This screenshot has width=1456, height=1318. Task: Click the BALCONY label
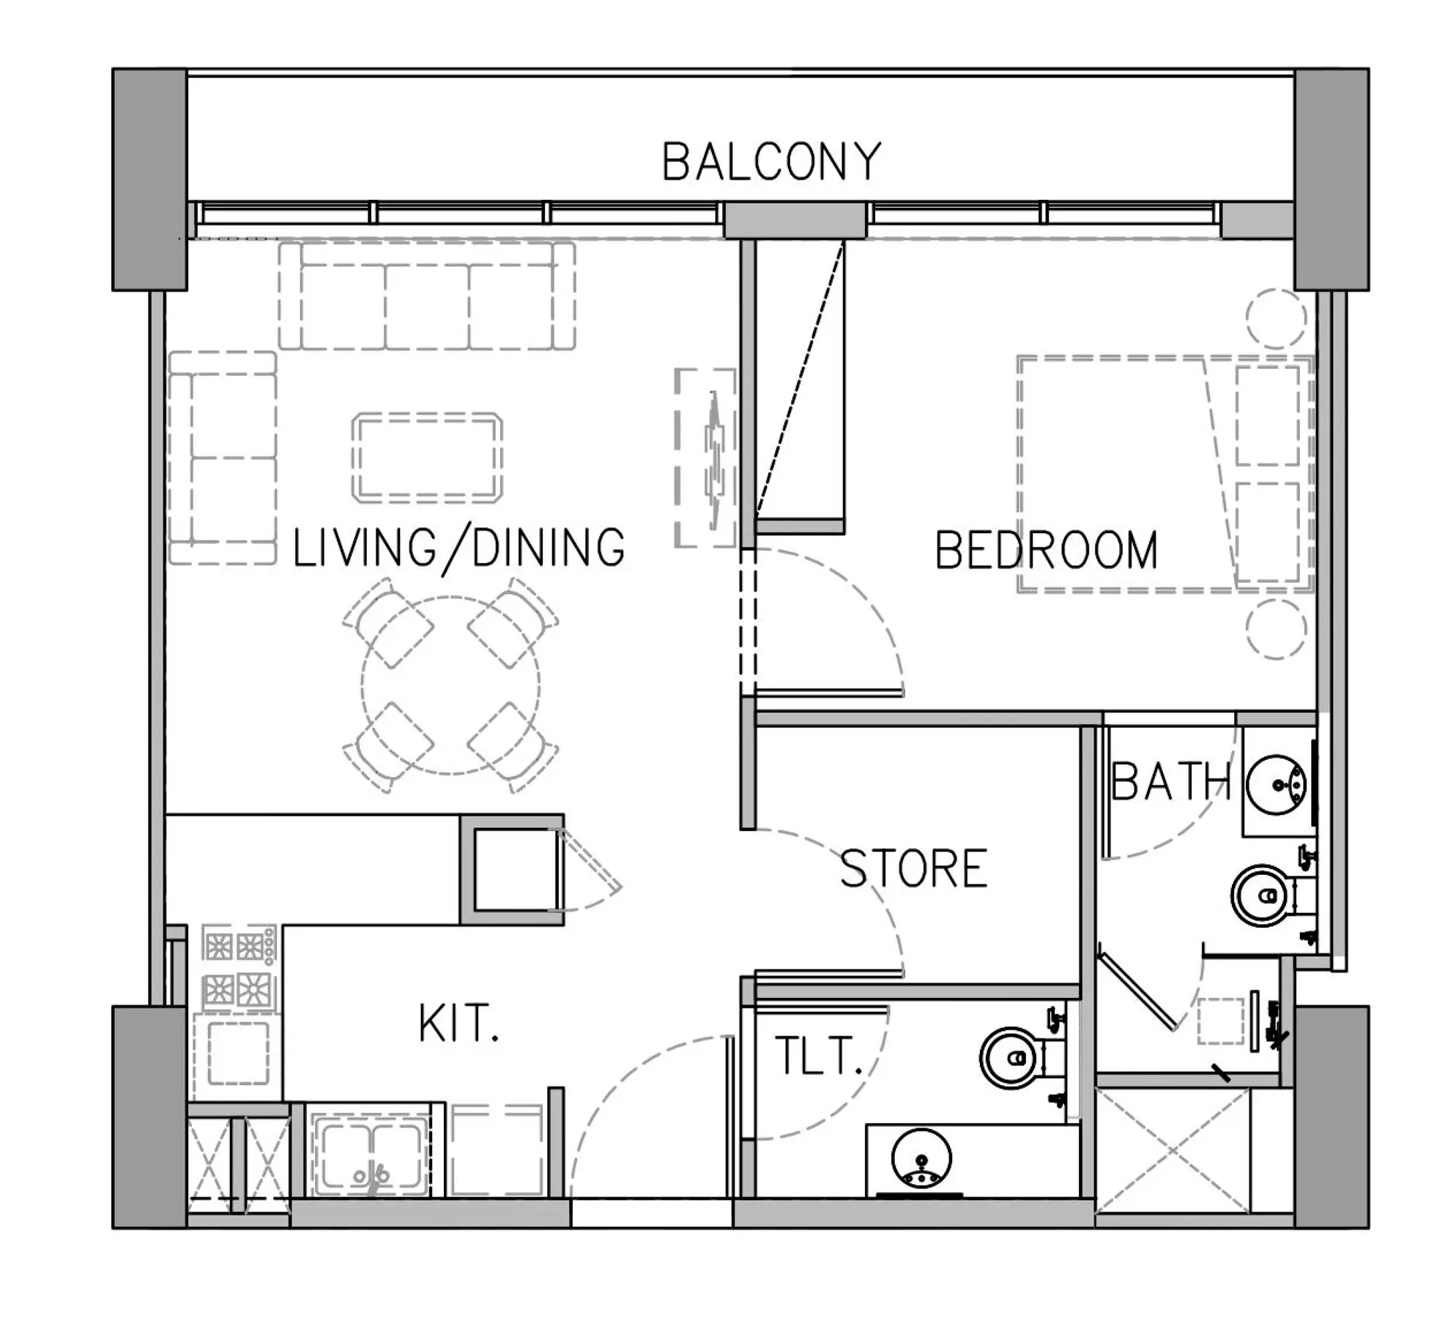click(771, 162)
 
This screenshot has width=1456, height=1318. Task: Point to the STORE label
click(913, 868)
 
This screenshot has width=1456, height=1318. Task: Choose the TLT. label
click(817, 1055)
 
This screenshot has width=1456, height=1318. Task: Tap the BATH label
click(1170, 781)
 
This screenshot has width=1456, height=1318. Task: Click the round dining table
click(450, 685)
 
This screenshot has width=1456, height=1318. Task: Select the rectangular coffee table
click(427, 458)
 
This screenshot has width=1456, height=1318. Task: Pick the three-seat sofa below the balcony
click(427, 295)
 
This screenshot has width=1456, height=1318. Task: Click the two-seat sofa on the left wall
click(223, 458)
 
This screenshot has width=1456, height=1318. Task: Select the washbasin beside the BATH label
click(1277, 784)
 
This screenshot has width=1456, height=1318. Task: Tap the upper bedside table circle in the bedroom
click(1276, 319)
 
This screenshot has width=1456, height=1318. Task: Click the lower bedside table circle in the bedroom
click(1276, 629)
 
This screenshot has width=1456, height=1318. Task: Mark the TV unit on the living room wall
click(705, 458)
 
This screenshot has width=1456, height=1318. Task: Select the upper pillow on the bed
click(1268, 415)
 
